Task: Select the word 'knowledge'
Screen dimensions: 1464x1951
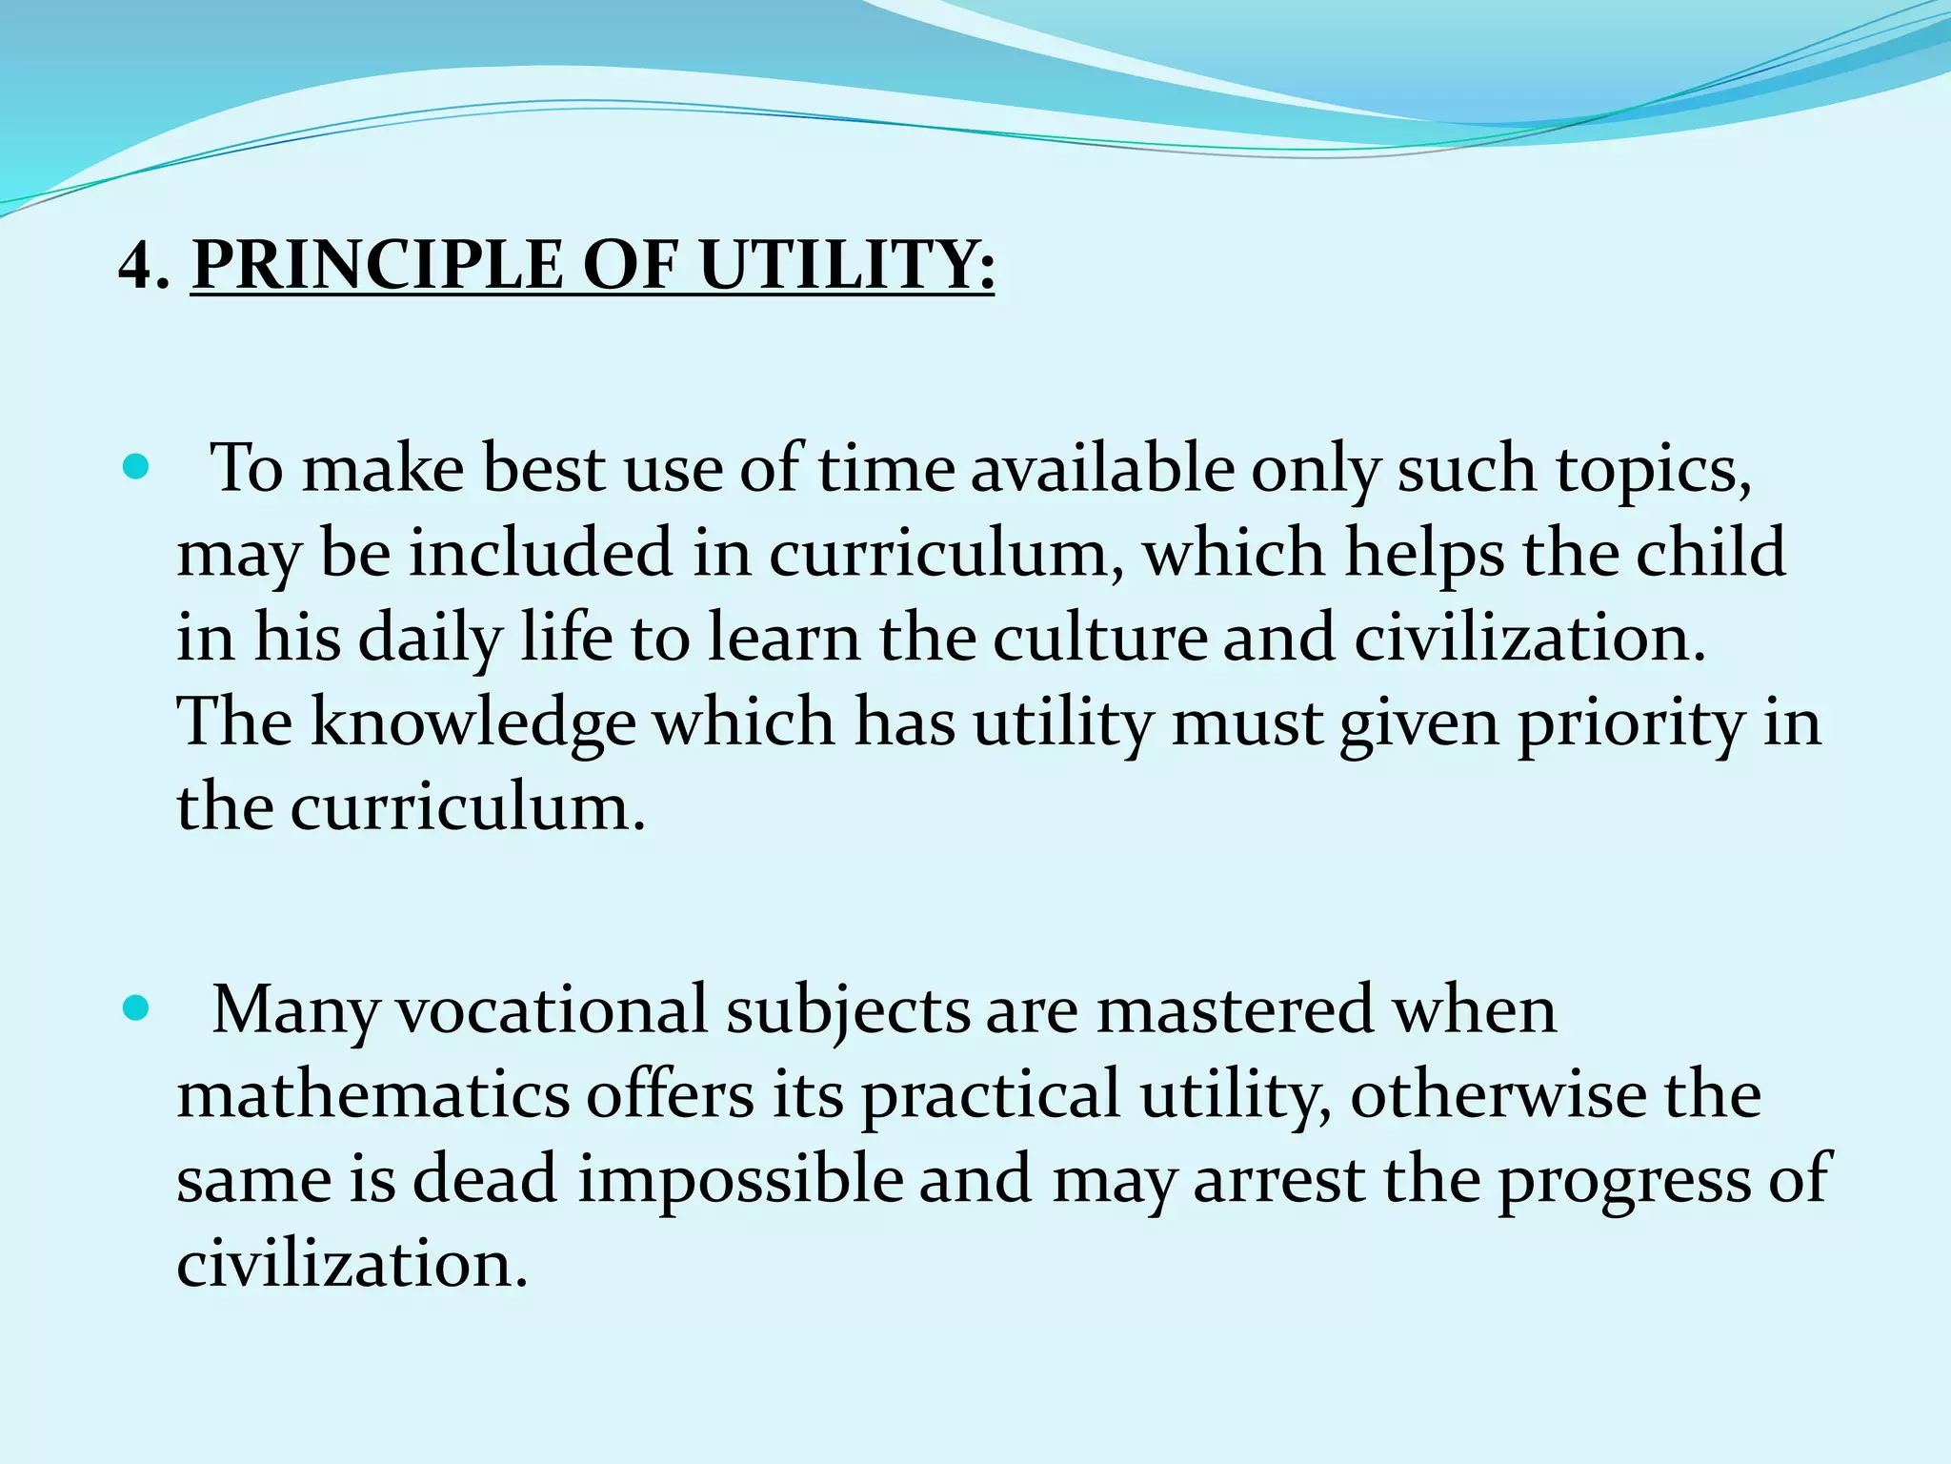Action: [x=473, y=723]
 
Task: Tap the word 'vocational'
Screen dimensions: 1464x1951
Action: [x=551, y=1009]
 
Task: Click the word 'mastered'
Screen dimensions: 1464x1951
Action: [x=1235, y=1009]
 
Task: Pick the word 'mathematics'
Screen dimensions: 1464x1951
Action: [x=372, y=1094]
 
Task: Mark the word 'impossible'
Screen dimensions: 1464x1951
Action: [x=740, y=1180]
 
